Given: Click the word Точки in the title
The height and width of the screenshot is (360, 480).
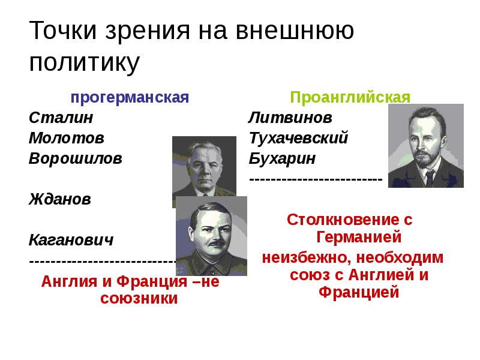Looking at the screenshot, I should (x=63, y=31).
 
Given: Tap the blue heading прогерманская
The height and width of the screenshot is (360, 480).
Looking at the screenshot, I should (x=130, y=97).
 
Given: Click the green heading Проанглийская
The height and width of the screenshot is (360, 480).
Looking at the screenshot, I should (x=350, y=97).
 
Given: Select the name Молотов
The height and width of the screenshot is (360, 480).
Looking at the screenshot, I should (x=66, y=138).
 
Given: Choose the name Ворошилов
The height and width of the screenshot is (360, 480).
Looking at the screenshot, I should (x=75, y=159).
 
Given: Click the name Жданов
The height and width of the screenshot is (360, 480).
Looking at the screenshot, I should (x=60, y=199).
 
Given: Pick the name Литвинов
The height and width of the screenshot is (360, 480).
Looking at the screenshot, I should (x=290, y=117).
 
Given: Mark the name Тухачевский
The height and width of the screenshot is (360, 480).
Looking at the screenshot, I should (x=298, y=138).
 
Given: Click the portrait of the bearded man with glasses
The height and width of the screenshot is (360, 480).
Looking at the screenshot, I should (x=425, y=146).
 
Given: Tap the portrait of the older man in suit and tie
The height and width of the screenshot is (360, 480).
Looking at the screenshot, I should (x=204, y=171).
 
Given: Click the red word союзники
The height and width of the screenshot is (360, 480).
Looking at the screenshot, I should (x=139, y=298).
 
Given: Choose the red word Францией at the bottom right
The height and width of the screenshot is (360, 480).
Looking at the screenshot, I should (x=359, y=293).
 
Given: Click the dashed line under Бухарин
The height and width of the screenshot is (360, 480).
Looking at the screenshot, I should (x=316, y=179).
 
